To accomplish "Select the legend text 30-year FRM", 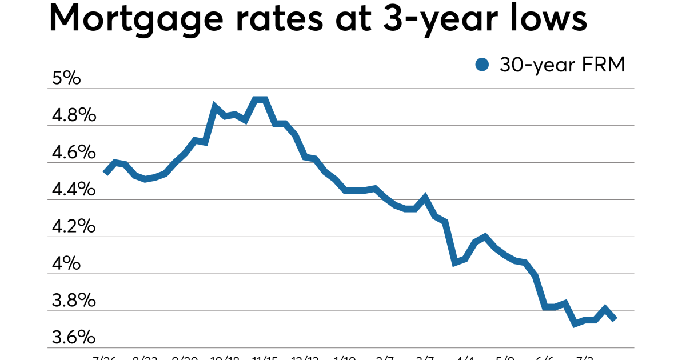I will (x=562, y=65).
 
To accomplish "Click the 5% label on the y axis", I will (x=66, y=79).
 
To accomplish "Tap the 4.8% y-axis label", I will (x=73, y=116).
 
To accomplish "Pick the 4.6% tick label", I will (x=73, y=153).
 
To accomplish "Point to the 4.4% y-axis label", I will (x=73, y=190).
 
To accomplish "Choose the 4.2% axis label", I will (x=73, y=227).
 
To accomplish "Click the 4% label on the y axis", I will (x=66, y=264).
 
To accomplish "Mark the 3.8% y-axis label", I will (x=73, y=301).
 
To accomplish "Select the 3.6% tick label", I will (x=73, y=338).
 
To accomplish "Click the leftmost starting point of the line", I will (x=105, y=172).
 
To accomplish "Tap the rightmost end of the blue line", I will (x=615, y=319).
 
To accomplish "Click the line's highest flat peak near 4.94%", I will (x=260, y=99).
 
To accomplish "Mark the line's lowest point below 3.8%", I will (x=575, y=324).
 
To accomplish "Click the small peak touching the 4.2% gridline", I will (x=485, y=236).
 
